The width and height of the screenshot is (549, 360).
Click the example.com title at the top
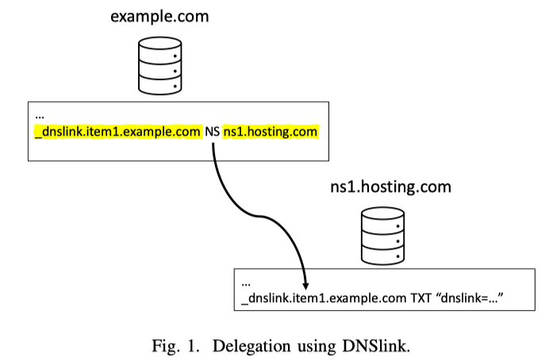(161, 16)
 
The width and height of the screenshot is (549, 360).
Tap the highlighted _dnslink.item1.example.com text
(118, 132)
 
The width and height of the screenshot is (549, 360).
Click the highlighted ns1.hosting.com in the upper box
(271, 132)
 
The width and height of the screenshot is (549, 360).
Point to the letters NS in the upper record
(213, 132)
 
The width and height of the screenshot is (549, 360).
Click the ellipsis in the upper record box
(40, 117)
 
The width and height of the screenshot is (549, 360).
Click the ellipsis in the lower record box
(246, 281)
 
